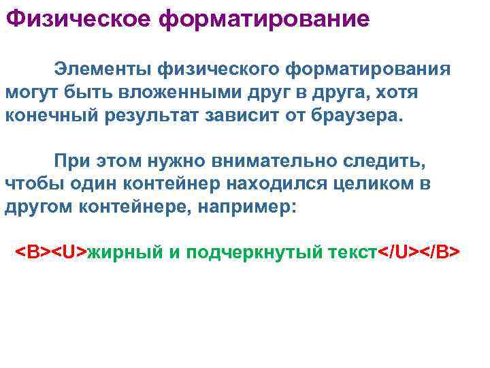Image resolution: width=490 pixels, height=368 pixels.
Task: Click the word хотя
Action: [x=397, y=91]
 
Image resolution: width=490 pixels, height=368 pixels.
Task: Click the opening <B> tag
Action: [x=33, y=251]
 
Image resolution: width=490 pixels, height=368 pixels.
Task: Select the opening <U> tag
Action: [x=70, y=251]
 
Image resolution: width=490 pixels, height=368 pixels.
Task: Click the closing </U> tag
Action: [x=398, y=251]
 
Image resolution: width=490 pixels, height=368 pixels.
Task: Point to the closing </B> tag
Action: [x=440, y=251]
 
